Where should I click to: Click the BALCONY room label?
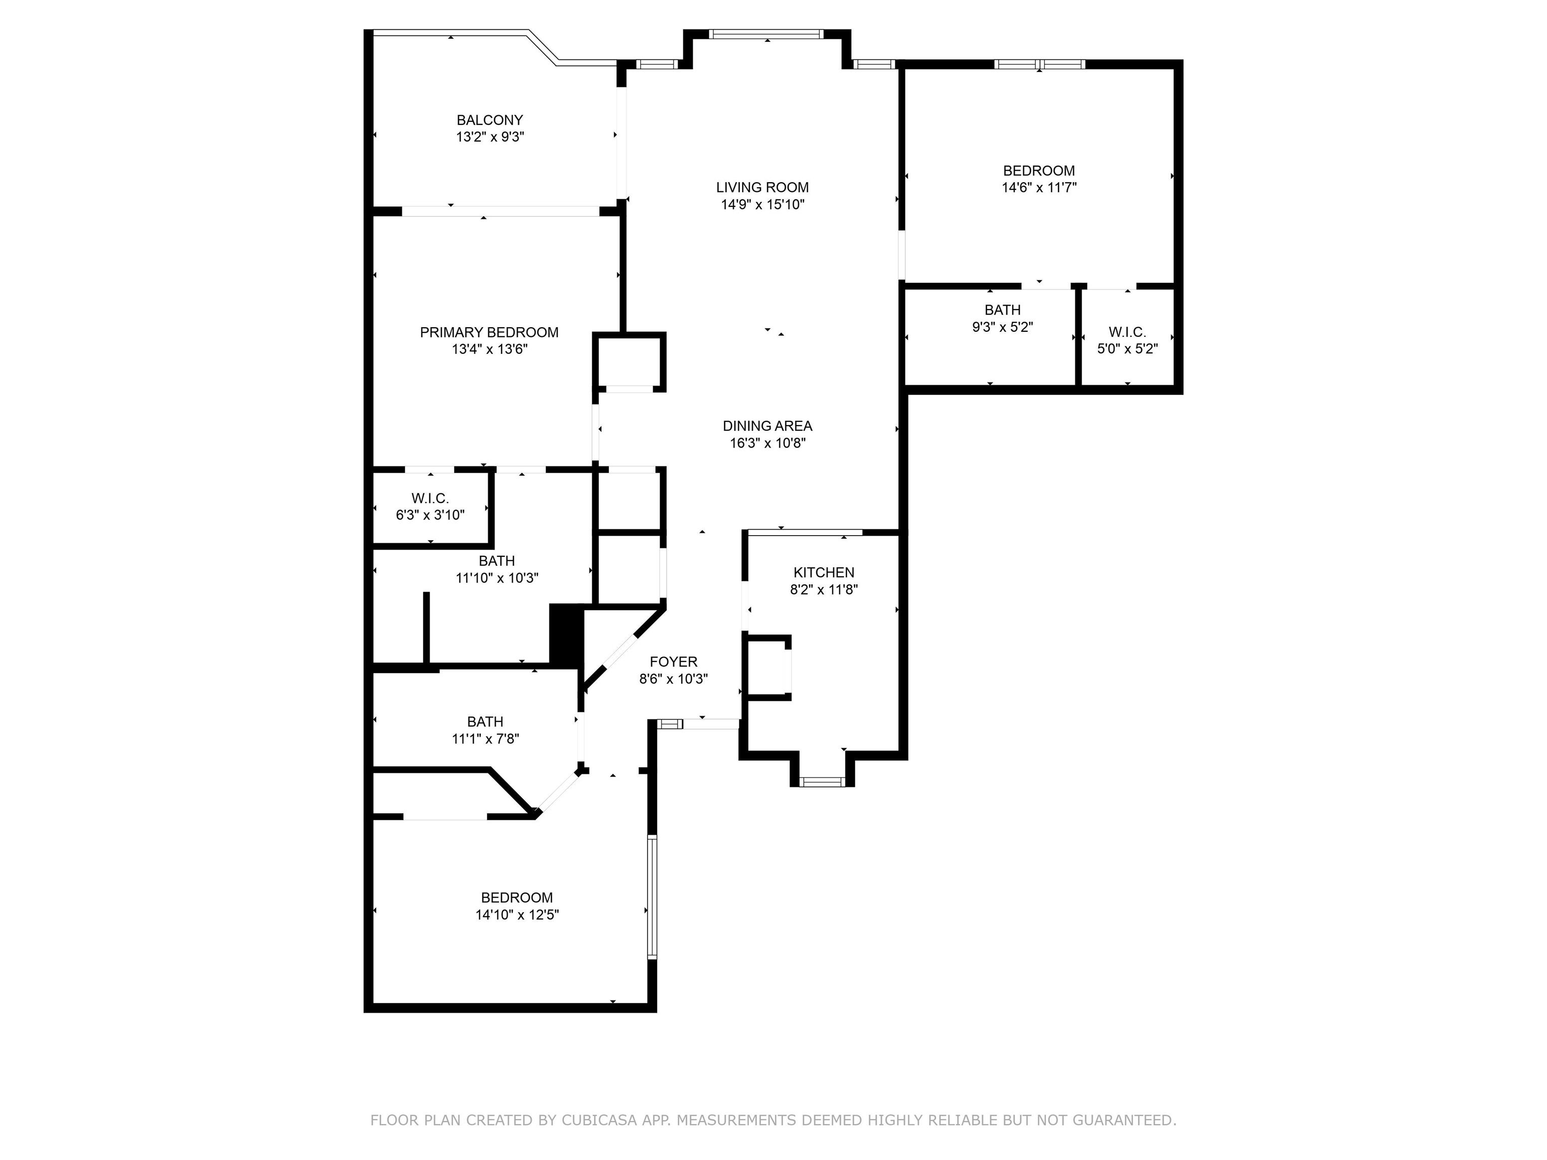click(489, 120)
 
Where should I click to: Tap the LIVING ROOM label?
click(762, 187)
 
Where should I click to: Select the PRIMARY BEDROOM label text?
click(489, 333)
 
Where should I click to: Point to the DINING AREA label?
click(767, 426)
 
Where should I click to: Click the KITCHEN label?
click(824, 572)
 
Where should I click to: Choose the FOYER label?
click(673, 662)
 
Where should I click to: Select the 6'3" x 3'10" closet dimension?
click(430, 516)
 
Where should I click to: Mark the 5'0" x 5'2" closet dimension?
click(1128, 349)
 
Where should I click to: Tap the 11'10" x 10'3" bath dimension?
click(497, 578)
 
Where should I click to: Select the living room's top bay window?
click(766, 34)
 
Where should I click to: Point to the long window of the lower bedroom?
click(652, 896)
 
